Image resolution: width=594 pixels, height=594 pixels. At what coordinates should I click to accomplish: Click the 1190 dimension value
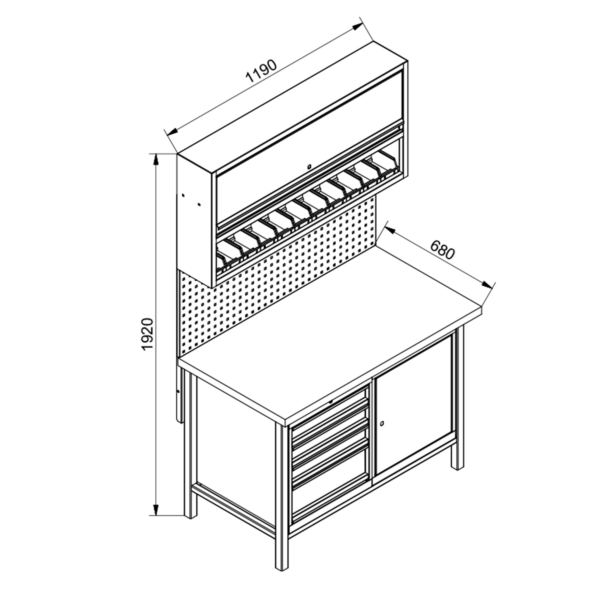(x=261, y=71)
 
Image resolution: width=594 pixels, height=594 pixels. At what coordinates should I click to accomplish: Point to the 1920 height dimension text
(x=148, y=334)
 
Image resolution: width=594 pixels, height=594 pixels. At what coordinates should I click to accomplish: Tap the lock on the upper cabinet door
(x=308, y=167)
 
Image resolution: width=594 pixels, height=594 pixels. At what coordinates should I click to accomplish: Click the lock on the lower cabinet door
(x=382, y=424)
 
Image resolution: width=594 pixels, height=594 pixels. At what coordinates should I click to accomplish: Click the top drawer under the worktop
(x=330, y=409)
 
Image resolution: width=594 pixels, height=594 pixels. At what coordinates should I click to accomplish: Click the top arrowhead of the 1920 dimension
(x=156, y=159)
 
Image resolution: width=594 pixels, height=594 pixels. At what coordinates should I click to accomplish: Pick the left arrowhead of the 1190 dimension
(x=172, y=131)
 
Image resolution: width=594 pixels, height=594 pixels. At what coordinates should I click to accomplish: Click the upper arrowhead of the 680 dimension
(x=389, y=229)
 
